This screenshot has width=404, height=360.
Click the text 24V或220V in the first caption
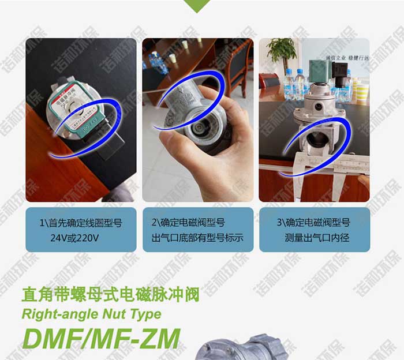(x=80, y=237)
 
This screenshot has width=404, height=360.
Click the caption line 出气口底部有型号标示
(x=197, y=237)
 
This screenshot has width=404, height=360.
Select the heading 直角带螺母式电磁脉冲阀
(x=110, y=294)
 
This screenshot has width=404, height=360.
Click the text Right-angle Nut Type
(x=91, y=315)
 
